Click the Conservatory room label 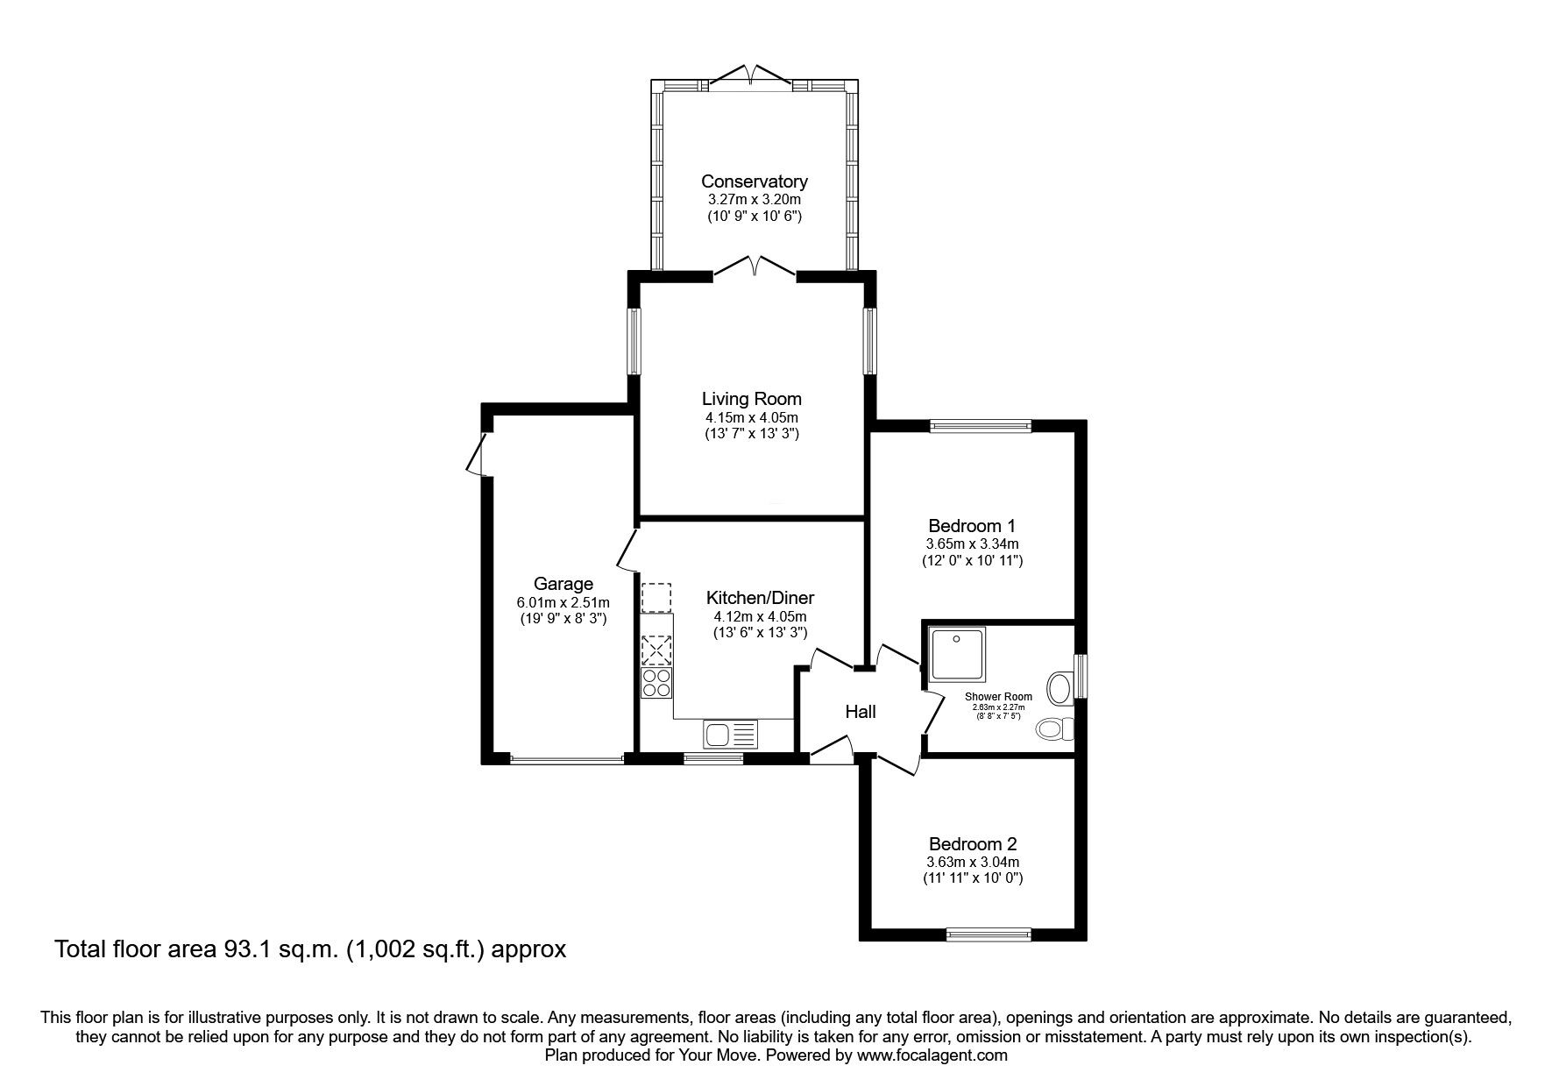(754, 181)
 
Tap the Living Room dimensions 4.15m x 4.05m (752, 417)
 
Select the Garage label (563, 584)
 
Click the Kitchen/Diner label (760, 598)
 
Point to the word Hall (860, 713)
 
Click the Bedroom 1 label (971, 526)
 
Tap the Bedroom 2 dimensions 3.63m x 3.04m (973, 862)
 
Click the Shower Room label (998, 697)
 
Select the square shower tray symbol (956, 653)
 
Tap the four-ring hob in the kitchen (656, 683)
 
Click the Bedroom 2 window (989, 935)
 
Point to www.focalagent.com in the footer (932, 1055)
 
